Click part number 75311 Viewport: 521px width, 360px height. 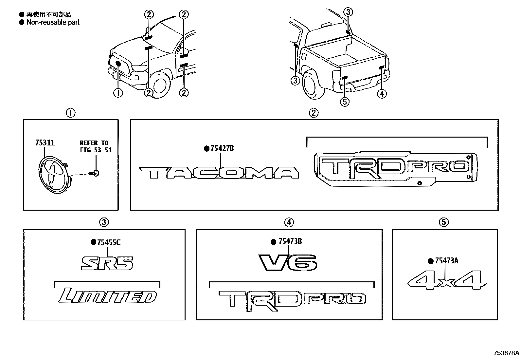45,142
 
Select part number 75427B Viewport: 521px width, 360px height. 222,148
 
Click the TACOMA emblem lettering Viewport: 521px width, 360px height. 219,173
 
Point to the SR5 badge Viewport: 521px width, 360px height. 107,263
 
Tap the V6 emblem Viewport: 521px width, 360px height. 288,263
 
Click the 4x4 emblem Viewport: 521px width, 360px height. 447,280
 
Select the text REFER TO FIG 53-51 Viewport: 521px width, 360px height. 96,146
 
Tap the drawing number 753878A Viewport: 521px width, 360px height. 506,353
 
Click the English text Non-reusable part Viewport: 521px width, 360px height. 53,22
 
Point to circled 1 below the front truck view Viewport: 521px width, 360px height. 118,93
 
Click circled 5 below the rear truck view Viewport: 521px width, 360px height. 345,102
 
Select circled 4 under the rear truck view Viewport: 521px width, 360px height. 382,94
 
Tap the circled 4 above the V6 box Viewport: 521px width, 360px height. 289,222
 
